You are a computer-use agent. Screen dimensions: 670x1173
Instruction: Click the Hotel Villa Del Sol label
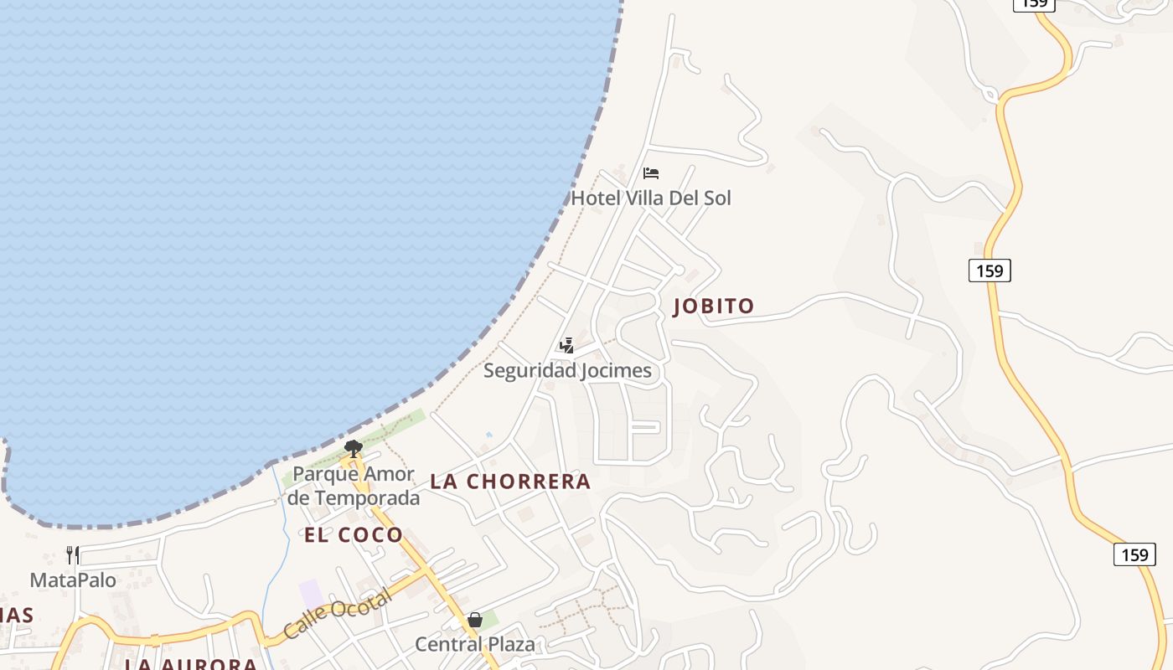pyautogui.click(x=650, y=198)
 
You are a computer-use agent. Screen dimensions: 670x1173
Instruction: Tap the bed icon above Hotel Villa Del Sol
pyautogui.click(x=651, y=173)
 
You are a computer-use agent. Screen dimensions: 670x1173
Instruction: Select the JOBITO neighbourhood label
pyautogui.click(x=714, y=307)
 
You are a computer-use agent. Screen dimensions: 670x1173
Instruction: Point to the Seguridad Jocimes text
pyautogui.click(x=567, y=371)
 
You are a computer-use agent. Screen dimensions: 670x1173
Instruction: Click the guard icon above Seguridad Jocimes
pyautogui.click(x=567, y=345)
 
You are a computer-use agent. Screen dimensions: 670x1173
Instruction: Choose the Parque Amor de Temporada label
pyautogui.click(x=353, y=486)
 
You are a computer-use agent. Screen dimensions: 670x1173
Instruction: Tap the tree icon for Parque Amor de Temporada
pyautogui.click(x=353, y=449)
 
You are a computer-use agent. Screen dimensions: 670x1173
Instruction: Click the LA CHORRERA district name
pyautogui.click(x=510, y=482)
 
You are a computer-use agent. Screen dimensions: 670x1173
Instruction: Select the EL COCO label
pyautogui.click(x=353, y=535)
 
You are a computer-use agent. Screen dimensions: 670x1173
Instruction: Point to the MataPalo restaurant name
pyautogui.click(x=73, y=580)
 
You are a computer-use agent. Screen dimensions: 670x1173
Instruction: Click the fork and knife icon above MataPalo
pyautogui.click(x=73, y=554)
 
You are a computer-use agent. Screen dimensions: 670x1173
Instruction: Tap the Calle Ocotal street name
pyautogui.click(x=337, y=614)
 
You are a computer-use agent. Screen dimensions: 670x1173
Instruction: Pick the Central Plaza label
pyautogui.click(x=474, y=645)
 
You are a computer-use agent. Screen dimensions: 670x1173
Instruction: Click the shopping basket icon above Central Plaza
pyautogui.click(x=475, y=620)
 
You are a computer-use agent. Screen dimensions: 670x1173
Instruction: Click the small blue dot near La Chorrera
pyautogui.click(x=488, y=435)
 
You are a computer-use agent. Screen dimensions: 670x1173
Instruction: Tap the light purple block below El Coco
pyautogui.click(x=311, y=594)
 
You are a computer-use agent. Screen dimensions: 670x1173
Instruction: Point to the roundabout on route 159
pyautogui.click(x=992, y=95)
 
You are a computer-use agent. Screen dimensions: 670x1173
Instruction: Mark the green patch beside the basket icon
pyautogui.click(x=490, y=621)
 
